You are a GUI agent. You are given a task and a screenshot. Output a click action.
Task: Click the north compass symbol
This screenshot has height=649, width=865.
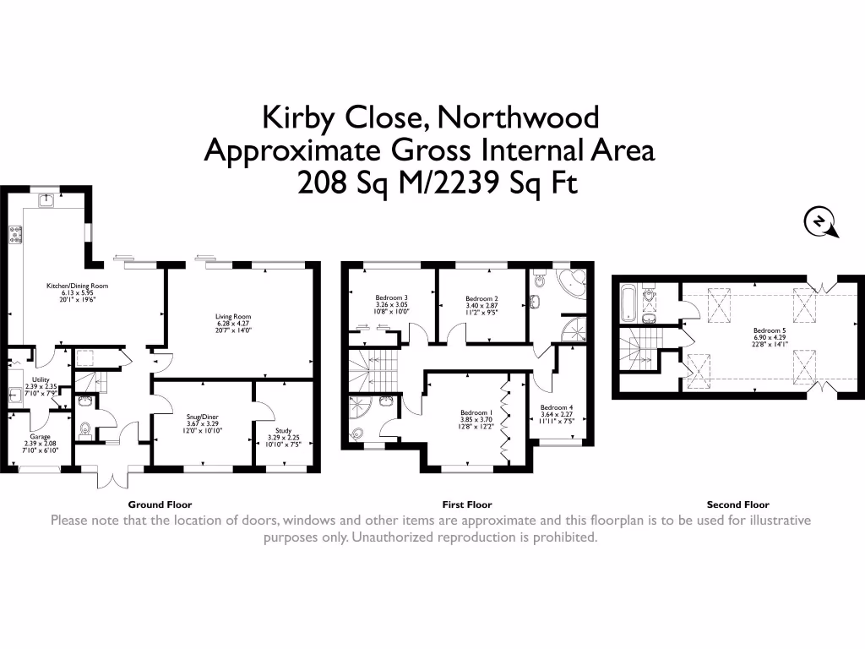pyautogui.click(x=819, y=222)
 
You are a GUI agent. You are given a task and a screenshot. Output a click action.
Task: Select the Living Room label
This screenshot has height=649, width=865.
pyautogui.click(x=233, y=323)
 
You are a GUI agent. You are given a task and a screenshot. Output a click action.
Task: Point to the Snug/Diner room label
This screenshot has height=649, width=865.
pyautogui.click(x=203, y=422)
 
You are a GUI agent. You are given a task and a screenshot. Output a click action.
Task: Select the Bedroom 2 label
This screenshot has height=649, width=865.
pyautogui.click(x=481, y=304)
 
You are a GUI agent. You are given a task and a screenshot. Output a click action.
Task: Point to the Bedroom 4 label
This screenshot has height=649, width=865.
pyautogui.click(x=557, y=413)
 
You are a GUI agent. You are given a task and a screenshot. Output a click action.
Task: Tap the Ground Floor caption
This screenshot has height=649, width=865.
pyautogui.click(x=160, y=504)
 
